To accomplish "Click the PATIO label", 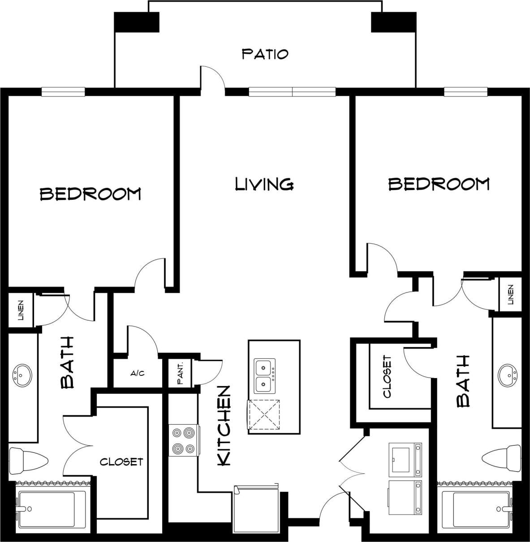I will [265, 54].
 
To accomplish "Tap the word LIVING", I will [264, 184].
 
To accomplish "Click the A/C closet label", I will [138, 373].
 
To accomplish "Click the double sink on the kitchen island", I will [265, 375].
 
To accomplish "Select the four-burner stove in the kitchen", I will [184, 440].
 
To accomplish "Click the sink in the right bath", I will [508, 375].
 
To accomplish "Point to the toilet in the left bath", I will [28, 460].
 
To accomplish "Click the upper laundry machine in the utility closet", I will [405, 459].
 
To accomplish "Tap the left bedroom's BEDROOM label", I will [90, 194].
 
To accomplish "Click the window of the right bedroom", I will [465, 92].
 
